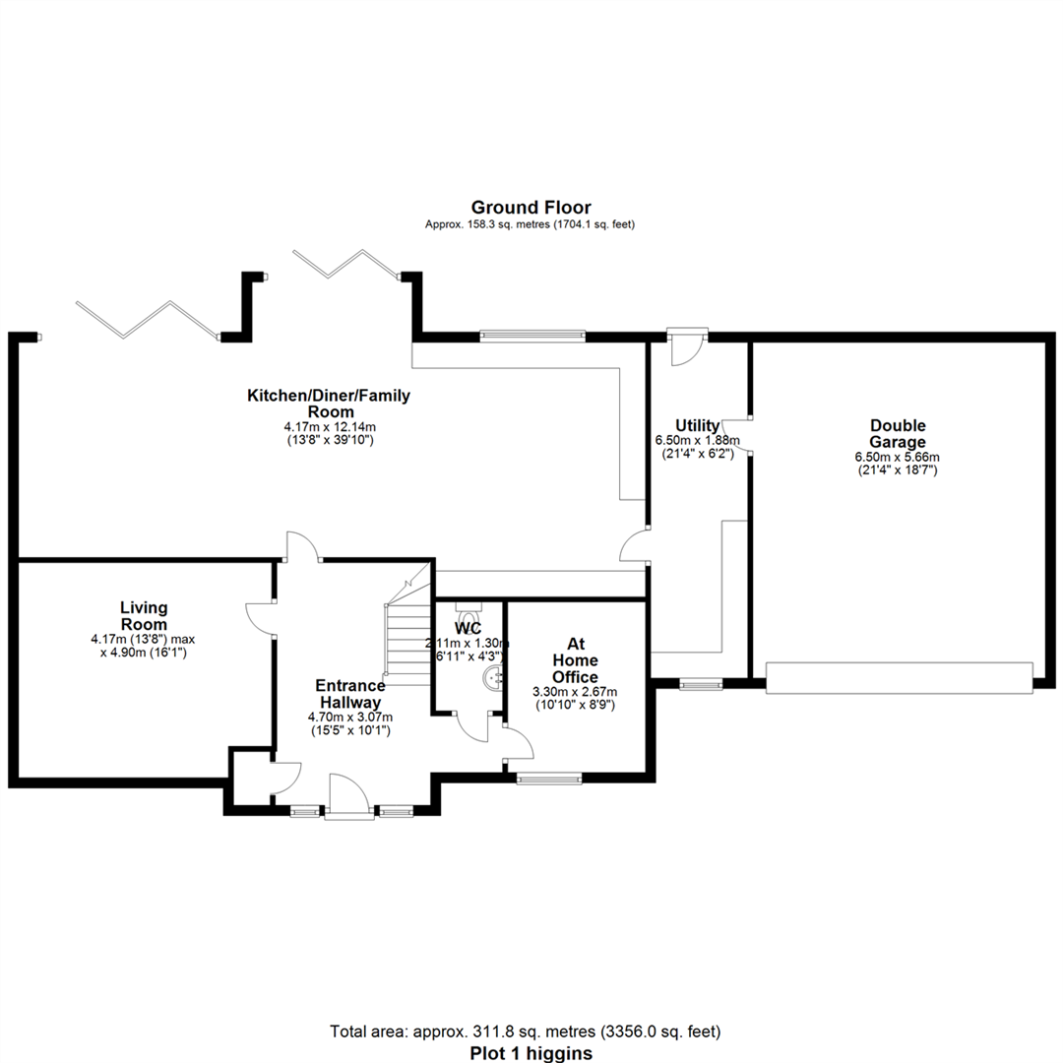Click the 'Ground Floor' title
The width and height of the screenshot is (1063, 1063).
[x=531, y=207]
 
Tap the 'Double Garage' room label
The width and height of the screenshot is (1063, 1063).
[x=897, y=434]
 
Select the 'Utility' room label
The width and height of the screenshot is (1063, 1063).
[x=697, y=425]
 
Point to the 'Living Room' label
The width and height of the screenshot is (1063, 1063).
[x=144, y=616]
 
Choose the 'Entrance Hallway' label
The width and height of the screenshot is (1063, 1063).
[x=349, y=694]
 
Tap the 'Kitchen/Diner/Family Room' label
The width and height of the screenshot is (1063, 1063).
[x=328, y=404]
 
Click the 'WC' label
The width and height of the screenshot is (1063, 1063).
[x=468, y=628]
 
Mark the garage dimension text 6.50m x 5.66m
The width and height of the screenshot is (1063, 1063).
[x=897, y=457]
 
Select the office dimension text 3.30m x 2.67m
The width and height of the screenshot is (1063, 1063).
[x=575, y=692]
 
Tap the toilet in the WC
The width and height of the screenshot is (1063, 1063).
[x=469, y=606]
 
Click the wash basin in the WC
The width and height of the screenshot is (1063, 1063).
[x=495, y=677]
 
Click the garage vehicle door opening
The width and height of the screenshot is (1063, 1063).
[x=899, y=678]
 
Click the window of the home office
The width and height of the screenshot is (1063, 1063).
[x=549, y=779]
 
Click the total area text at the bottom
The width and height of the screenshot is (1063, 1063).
[x=526, y=1032]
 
